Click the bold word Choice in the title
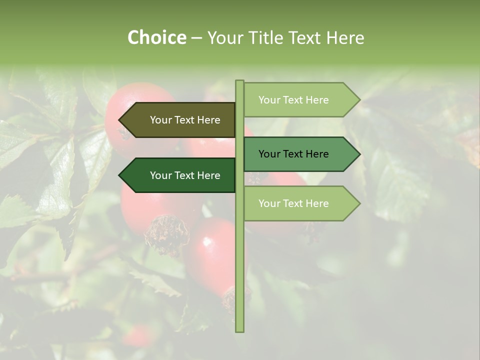point(156,38)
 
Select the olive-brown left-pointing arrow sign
point(180,120)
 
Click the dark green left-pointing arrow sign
point(180,175)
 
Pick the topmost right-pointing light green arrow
point(297,100)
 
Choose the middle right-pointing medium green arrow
point(297,154)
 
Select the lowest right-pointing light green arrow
point(297,203)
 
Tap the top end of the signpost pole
point(239,81)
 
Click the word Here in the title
point(345,38)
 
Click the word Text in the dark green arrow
point(185,175)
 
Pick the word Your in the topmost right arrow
point(269,100)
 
